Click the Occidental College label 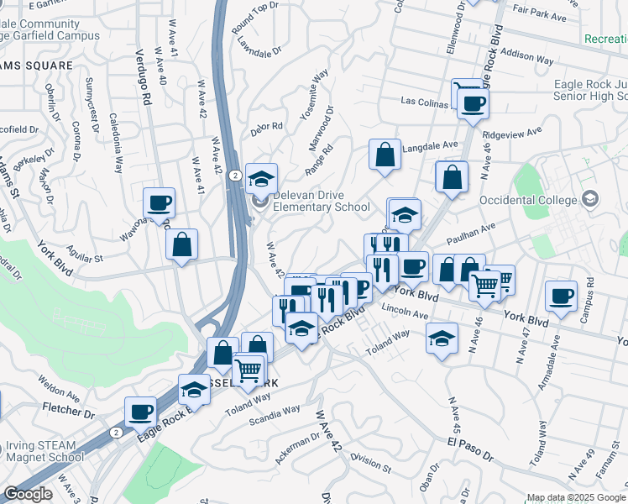(x=528, y=200)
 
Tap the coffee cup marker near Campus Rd (x=561, y=296)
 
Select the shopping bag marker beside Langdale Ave (x=385, y=155)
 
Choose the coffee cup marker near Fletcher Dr (x=140, y=412)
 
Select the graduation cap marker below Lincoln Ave (x=442, y=338)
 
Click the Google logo (x=27, y=494)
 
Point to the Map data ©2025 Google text (x=576, y=497)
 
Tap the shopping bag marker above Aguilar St (x=181, y=244)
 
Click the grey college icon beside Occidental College (x=590, y=199)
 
